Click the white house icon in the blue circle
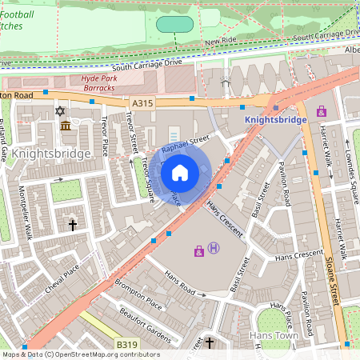click(180, 171)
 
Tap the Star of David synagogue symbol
click(58, 111)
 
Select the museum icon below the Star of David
click(65, 126)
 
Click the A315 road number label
click(141, 102)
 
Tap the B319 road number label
click(126, 344)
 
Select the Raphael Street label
click(185, 144)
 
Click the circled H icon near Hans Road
click(213, 249)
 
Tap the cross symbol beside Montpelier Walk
click(73, 226)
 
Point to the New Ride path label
click(222, 41)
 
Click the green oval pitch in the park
click(175, 24)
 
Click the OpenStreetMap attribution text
click(80, 354)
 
